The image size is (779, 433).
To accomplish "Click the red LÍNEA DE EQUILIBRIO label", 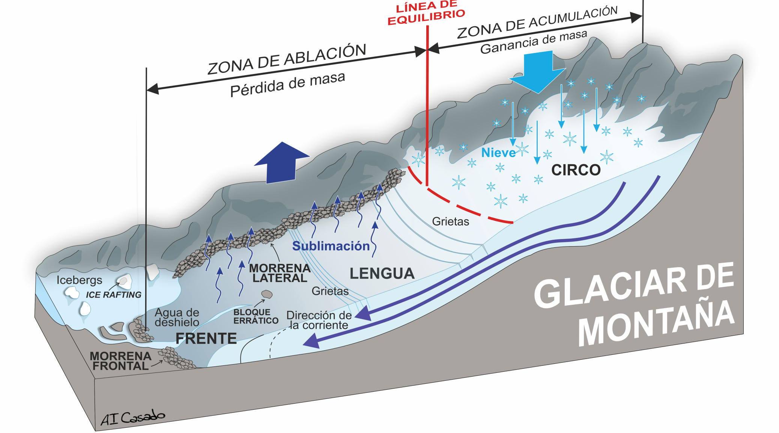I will pyautogui.click(x=426, y=13).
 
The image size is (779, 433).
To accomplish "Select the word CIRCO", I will pyautogui.click(x=576, y=170).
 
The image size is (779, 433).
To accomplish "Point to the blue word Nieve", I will pyautogui.click(x=498, y=153).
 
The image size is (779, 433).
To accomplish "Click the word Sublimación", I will pyautogui.click(x=331, y=246).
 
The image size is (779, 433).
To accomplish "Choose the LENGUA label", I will pyautogui.click(x=382, y=273).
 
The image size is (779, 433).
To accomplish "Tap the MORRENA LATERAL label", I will pyautogui.click(x=280, y=273).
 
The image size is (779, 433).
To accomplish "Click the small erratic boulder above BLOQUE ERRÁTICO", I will pyautogui.click(x=267, y=294).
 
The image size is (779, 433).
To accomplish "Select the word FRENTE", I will pyautogui.click(x=206, y=338).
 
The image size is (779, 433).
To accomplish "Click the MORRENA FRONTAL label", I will pyautogui.click(x=120, y=361).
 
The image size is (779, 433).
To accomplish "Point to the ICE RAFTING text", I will pyautogui.click(x=113, y=295).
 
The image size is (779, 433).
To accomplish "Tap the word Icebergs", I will pyautogui.click(x=79, y=280).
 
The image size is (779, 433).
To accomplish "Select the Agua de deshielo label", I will pyautogui.click(x=177, y=317).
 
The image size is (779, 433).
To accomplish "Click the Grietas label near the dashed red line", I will pyautogui.click(x=450, y=221).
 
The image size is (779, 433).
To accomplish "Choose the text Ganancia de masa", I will pyautogui.click(x=533, y=42).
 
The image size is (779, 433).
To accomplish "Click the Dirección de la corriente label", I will pyautogui.click(x=319, y=320).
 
